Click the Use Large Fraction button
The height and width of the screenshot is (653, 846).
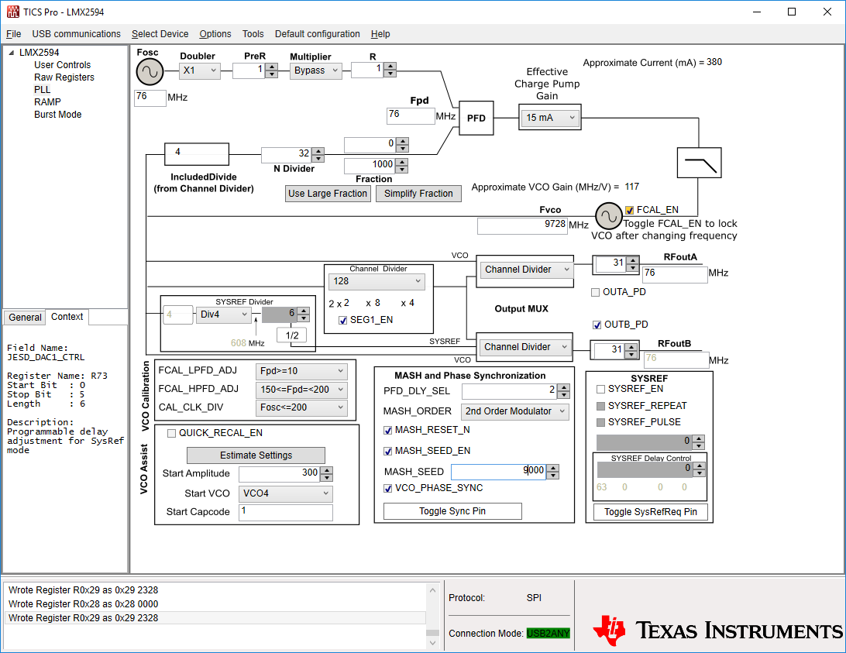click(328, 194)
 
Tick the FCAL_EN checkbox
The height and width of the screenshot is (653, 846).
click(629, 210)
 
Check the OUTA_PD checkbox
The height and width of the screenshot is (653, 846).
click(595, 292)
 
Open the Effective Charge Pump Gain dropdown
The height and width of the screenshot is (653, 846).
click(550, 118)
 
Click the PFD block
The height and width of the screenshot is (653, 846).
click(476, 119)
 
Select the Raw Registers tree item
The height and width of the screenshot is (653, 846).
click(64, 77)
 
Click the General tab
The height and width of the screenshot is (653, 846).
click(25, 318)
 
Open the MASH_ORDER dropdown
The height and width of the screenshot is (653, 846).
click(514, 411)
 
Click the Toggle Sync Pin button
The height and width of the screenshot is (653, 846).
click(452, 511)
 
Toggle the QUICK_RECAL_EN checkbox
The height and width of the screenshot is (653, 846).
click(171, 433)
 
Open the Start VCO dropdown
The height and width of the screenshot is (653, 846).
click(286, 493)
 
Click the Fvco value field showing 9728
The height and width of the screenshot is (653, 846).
click(521, 225)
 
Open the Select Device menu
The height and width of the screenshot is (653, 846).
click(160, 34)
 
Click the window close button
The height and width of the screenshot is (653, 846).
click(827, 12)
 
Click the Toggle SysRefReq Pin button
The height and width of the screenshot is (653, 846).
click(650, 511)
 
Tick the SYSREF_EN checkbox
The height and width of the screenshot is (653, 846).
click(601, 389)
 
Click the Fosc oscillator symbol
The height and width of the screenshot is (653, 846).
click(150, 72)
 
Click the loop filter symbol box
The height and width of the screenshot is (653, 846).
click(699, 163)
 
